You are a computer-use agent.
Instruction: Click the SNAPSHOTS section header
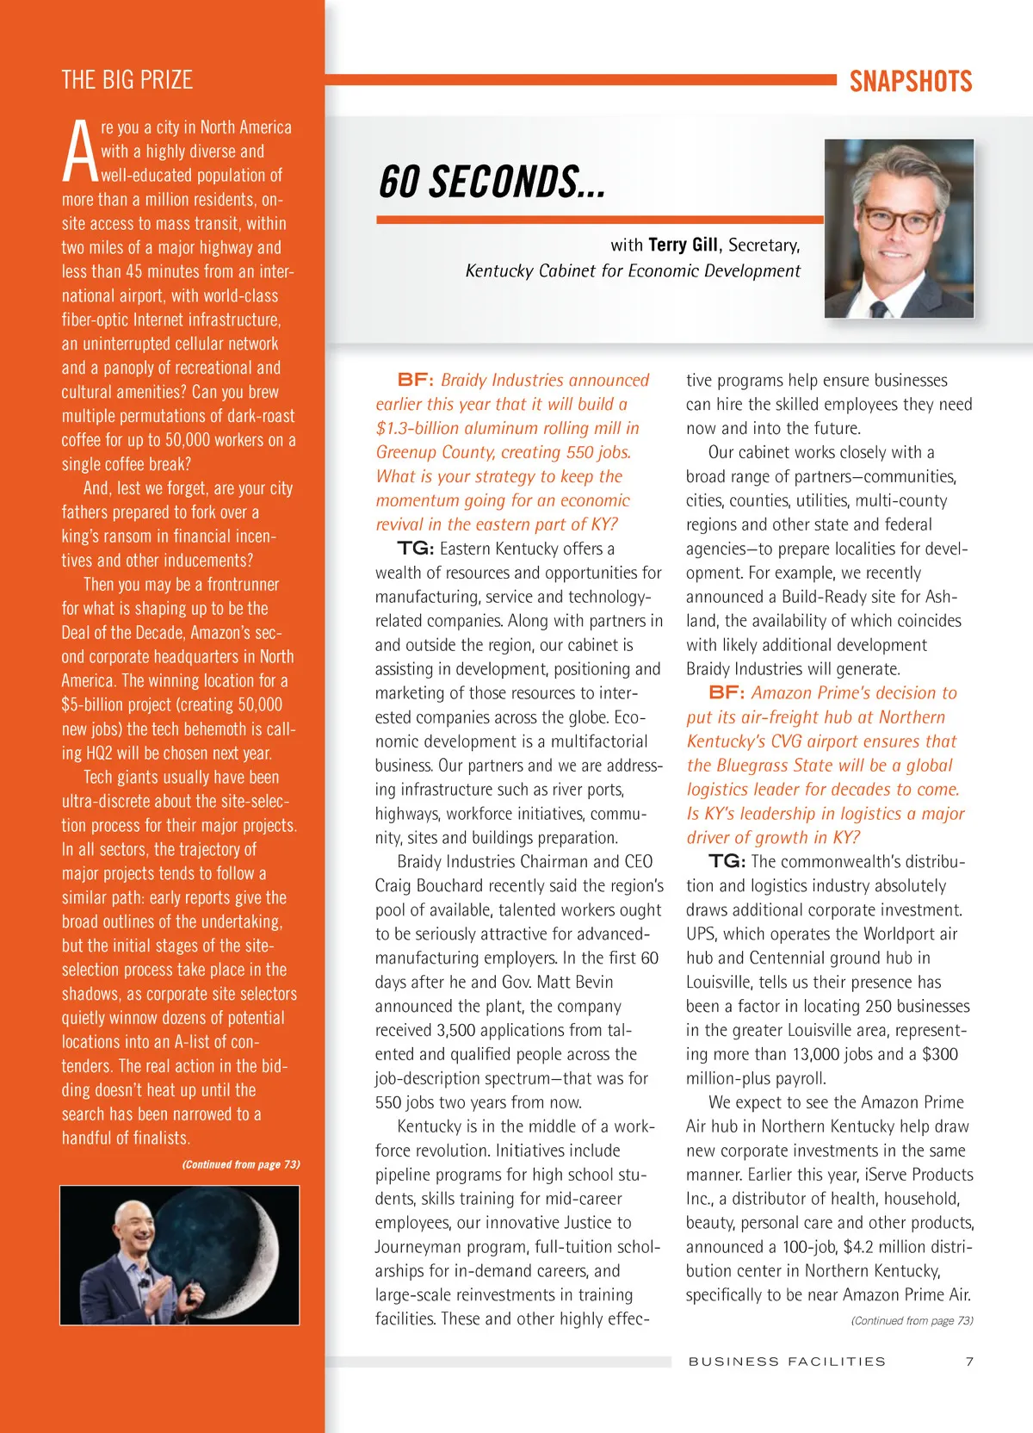click(x=910, y=82)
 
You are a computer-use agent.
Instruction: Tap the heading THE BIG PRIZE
click(x=127, y=80)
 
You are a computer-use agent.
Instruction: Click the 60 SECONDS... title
click(x=492, y=182)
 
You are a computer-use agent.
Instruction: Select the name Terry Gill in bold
click(x=682, y=245)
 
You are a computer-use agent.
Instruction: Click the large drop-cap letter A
click(x=80, y=152)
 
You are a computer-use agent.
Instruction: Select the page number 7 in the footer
click(x=969, y=1362)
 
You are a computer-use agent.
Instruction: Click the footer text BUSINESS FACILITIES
click(x=787, y=1362)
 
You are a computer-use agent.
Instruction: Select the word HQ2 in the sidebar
click(x=99, y=753)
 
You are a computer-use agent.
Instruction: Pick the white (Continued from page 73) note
click(x=240, y=1164)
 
